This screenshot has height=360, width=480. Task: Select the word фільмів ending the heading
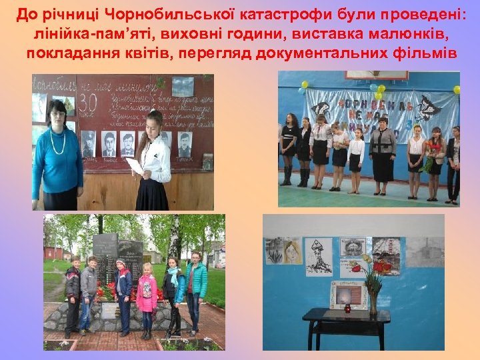(x=424, y=53)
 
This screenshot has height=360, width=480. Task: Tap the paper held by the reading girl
(x=135, y=165)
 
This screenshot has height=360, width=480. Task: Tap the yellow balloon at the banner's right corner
(x=457, y=89)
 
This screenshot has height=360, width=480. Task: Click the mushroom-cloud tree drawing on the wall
(x=319, y=259)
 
